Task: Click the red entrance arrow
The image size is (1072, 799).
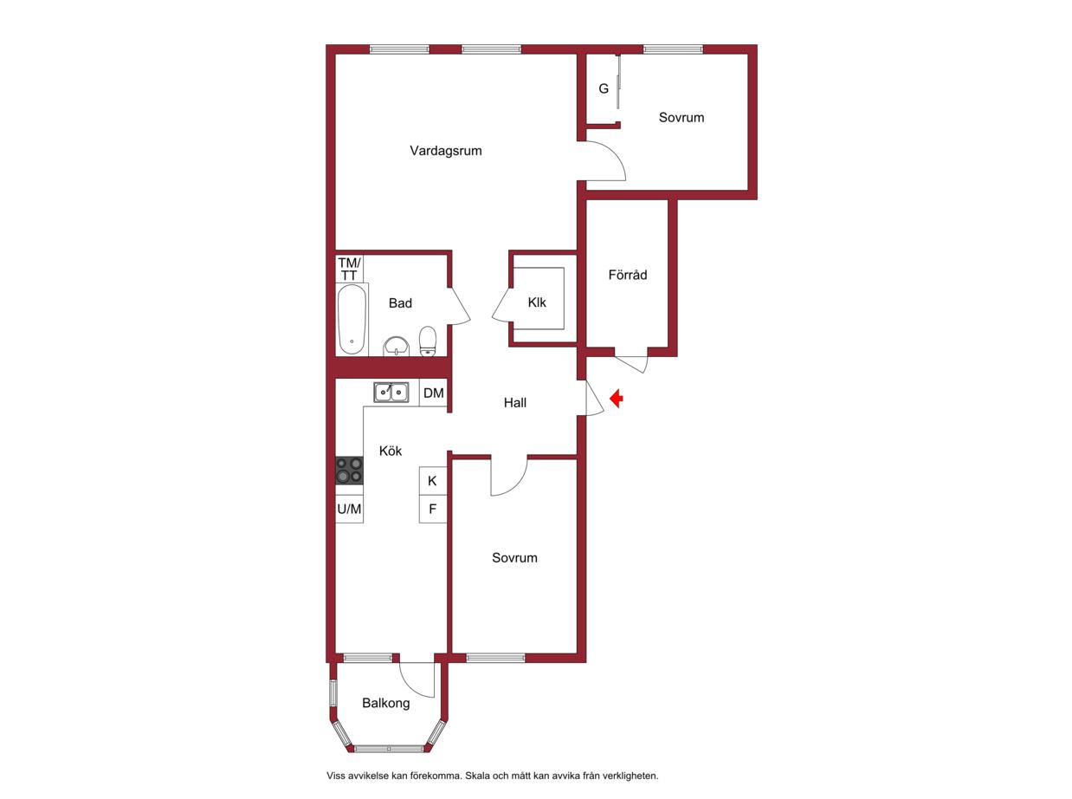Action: coord(617,399)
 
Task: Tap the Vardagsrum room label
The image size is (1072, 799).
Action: coord(446,151)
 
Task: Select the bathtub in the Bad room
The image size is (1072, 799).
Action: coord(352,319)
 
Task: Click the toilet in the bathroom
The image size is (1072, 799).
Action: coord(427,341)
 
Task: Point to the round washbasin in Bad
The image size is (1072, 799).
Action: coord(396,347)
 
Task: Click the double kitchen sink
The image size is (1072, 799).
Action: coord(391,393)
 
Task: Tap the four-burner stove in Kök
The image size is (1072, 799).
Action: coord(350,470)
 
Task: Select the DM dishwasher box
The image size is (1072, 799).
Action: coord(433,393)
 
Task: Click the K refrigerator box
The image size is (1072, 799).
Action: coord(433,481)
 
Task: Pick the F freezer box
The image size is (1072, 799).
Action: coord(433,509)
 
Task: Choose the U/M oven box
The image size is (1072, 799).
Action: coord(350,509)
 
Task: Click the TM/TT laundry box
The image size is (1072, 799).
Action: coord(350,269)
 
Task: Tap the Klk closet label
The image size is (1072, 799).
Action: coord(537,302)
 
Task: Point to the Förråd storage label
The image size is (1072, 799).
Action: coord(627,275)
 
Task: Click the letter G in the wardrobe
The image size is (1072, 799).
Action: coord(604,88)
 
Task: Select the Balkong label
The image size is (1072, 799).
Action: coord(385,703)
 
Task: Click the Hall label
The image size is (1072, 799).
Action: coord(514,402)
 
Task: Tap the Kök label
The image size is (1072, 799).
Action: coord(391,451)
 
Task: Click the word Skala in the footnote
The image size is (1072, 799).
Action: coord(476,776)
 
